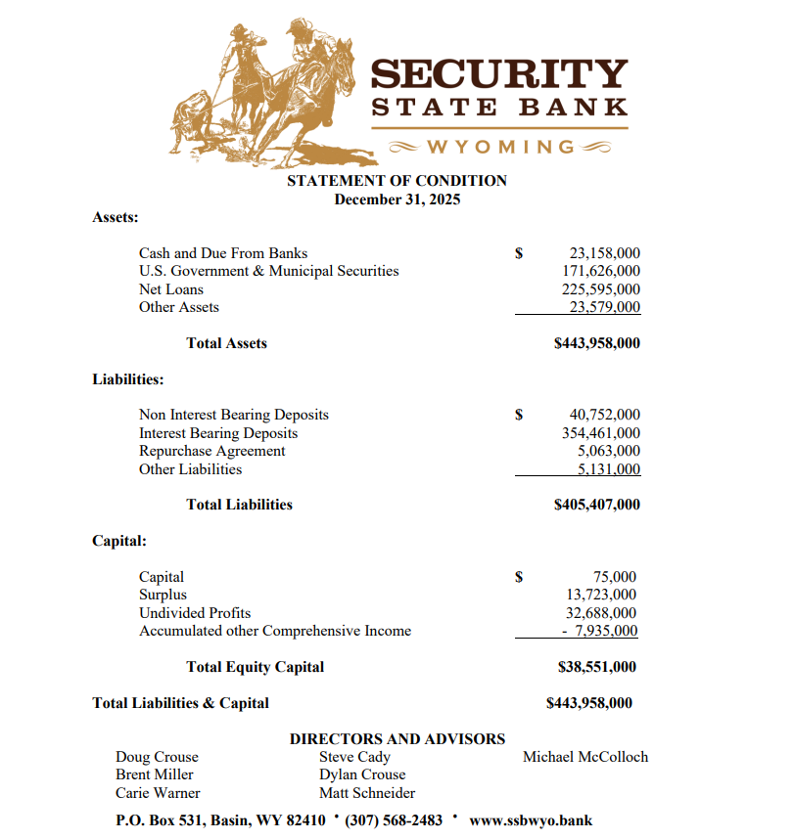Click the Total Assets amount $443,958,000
click(597, 343)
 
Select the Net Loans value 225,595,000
click(601, 289)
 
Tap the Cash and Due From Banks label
click(223, 253)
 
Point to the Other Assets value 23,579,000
click(605, 307)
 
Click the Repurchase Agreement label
click(212, 451)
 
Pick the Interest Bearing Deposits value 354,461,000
click(601, 433)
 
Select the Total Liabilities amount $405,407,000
click(597, 505)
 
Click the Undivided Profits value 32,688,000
click(601, 613)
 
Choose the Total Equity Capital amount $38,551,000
click(596, 667)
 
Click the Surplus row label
click(163, 595)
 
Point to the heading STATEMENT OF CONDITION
click(397, 181)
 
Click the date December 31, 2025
click(397, 199)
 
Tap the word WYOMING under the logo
click(500, 147)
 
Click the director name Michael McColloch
click(585, 757)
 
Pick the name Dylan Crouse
click(362, 774)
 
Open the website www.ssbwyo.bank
click(531, 819)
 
